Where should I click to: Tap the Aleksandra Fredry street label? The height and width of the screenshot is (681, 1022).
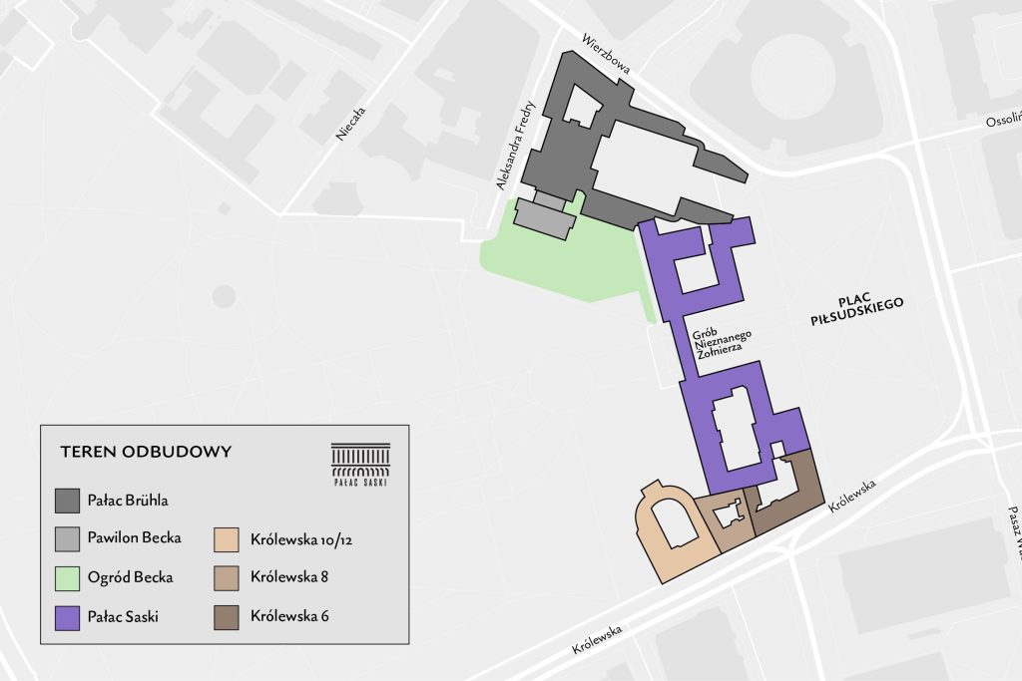coord(517,145)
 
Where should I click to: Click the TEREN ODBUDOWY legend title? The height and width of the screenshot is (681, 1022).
coord(146,452)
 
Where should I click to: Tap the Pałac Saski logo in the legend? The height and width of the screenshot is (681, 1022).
coord(360,464)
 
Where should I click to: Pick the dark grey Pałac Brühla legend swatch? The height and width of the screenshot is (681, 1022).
coord(67,499)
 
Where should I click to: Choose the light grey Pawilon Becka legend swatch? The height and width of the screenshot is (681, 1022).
coord(67,538)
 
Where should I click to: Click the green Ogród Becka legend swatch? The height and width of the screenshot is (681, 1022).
coord(67,577)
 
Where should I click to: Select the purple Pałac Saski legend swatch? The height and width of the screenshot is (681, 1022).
coord(67,616)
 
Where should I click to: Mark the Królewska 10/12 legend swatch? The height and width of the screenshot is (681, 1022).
coord(226,538)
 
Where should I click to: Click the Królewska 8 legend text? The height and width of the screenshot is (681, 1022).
coord(290,577)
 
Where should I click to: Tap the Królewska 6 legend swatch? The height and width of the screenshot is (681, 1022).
coord(226,616)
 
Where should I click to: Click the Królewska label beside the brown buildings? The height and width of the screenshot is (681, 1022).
coord(851,498)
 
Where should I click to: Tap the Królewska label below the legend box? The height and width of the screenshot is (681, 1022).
coord(598,639)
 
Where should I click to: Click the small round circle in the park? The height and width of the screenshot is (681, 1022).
coord(224,296)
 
